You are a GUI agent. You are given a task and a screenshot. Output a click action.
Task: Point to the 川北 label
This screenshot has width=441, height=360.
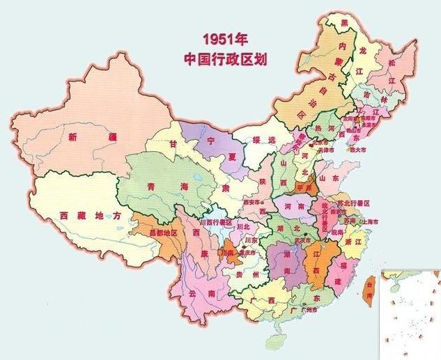pos(242,227)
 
